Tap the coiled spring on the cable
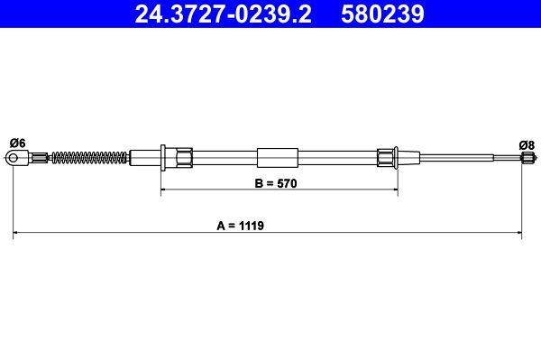coord(88,158)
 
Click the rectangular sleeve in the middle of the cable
coord(276,158)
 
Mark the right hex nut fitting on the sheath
coord(387,158)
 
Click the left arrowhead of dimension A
coord(18,235)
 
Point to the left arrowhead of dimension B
coord(165,191)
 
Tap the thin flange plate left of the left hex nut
coord(161,158)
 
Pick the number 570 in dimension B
coord(287,181)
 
